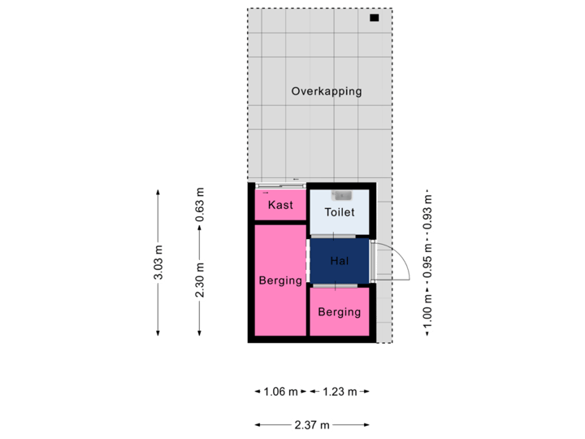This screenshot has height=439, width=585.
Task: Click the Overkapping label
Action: pos(327,91)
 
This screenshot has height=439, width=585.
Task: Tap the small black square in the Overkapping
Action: pos(374,18)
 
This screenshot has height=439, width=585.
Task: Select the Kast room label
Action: pos(280,205)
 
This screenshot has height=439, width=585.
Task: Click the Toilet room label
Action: pos(340,212)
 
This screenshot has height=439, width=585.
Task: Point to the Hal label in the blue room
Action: pos(340,261)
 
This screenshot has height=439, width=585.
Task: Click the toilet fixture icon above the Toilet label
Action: pos(340,195)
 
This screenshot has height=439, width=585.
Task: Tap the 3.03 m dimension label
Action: pos(158,263)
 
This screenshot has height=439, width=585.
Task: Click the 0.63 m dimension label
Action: pos(200,204)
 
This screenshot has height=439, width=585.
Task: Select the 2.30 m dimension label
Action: pos(200,280)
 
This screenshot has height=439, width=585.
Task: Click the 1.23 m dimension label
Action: pos(339,392)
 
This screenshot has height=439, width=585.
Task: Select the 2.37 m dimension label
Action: pos(312,424)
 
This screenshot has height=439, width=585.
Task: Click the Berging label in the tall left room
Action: pos(280,281)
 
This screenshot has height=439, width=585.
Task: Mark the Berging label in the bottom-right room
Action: pos(340,312)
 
